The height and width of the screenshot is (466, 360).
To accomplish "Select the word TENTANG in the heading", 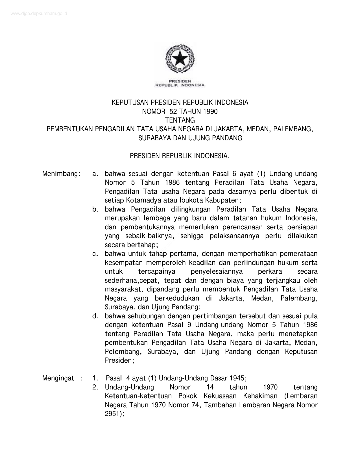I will click(180, 120).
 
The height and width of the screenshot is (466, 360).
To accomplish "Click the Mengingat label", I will click(58, 378).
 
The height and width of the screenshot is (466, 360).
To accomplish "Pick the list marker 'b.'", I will click(95, 209).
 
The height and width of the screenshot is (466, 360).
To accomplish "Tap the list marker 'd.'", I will click(95, 316).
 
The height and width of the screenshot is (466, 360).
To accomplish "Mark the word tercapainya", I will click(157, 271).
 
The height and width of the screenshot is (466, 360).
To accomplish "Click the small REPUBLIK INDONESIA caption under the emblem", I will click(180, 85).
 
